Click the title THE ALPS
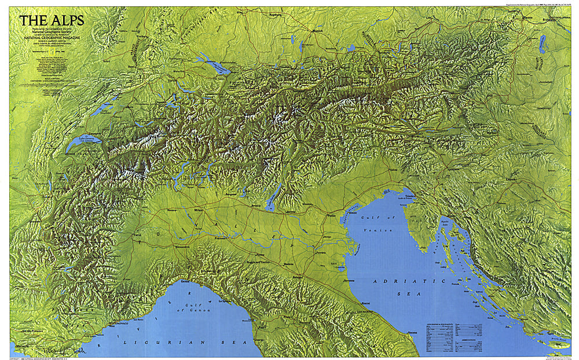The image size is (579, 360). click(x=52, y=21)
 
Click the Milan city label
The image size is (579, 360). click(x=200, y=209)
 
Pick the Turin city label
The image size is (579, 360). click(x=137, y=235)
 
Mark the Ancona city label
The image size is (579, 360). click(x=412, y=332)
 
